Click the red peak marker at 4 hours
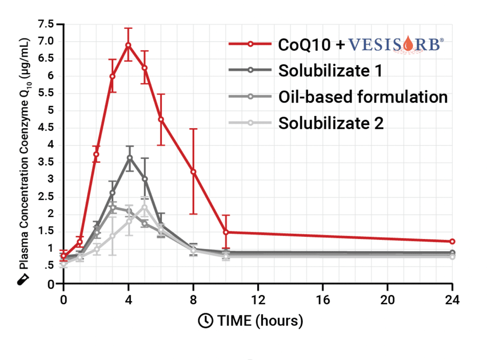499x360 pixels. (x=128, y=45)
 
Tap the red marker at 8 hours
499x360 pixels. (x=193, y=171)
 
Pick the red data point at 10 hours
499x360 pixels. (x=225, y=232)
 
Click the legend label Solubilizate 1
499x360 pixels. (x=330, y=71)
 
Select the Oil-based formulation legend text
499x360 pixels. (x=363, y=97)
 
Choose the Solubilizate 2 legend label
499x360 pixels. (x=331, y=124)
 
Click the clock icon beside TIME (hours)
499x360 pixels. (x=205, y=321)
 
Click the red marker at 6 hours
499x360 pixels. (x=161, y=119)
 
